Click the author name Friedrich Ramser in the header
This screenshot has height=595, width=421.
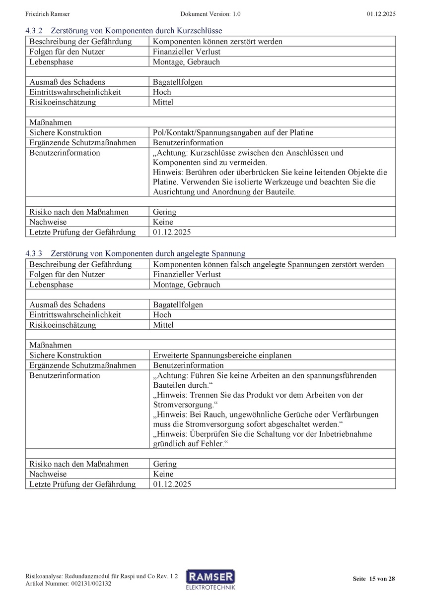(x=47, y=14)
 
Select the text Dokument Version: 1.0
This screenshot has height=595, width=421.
(x=210, y=14)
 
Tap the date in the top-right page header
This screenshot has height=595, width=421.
(x=381, y=14)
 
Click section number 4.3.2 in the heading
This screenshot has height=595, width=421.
(x=35, y=31)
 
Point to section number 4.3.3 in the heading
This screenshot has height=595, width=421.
(x=35, y=253)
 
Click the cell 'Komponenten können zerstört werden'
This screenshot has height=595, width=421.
(x=217, y=42)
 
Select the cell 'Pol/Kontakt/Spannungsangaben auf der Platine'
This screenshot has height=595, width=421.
(x=233, y=132)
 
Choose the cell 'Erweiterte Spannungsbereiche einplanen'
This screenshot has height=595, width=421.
(x=222, y=356)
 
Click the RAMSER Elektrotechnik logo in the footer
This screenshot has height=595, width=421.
(x=210, y=579)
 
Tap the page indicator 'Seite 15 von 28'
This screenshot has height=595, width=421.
(x=374, y=579)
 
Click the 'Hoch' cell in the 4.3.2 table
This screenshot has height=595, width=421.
(x=162, y=92)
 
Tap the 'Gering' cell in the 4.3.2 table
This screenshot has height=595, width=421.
(x=164, y=212)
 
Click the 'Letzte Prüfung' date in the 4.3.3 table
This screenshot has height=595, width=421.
(x=172, y=484)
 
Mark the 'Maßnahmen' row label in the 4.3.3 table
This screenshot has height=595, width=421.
(x=51, y=345)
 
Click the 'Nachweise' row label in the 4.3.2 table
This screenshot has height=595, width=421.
(x=48, y=222)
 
